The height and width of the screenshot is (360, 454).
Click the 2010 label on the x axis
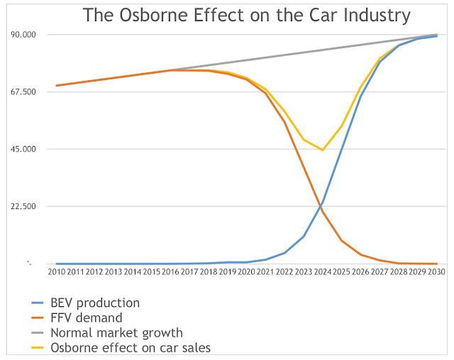coord(57,271)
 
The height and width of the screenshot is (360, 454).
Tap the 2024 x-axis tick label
coord(323,271)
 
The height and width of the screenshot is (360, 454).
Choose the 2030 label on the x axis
coord(436,271)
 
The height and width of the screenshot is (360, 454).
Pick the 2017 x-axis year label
coord(189,271)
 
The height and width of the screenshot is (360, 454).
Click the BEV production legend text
coord(94,303)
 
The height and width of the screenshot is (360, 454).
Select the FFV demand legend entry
coord(86,318)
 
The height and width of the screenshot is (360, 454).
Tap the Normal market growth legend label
coord(116,332)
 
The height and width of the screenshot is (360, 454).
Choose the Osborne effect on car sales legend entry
coord(131,347)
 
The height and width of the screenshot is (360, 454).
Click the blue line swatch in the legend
coord(31,303)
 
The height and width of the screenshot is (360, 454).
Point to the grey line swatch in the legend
coord(31,332)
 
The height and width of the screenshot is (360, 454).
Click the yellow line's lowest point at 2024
coord(323,150)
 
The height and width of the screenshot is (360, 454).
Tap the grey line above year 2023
coord(304,52)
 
